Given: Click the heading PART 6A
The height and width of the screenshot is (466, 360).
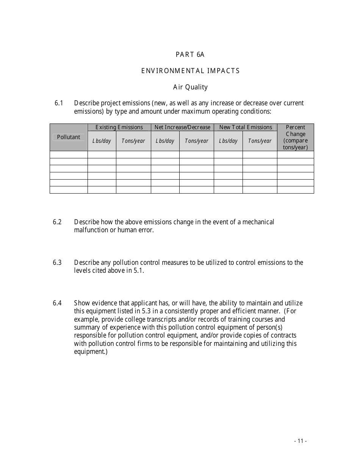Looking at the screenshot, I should coord(190,55).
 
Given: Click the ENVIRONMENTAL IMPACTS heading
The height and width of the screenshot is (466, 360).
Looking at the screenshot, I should coord(190,71).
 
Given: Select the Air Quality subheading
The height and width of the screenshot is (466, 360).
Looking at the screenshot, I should coord(190,87).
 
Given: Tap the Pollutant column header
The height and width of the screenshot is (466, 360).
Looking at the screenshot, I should coord(69,137).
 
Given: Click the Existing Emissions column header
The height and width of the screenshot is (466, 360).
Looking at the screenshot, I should coord(119,127).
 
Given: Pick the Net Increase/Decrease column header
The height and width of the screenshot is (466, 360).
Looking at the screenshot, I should coord(182,127).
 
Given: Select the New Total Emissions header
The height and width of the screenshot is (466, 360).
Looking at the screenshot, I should coord(246,127).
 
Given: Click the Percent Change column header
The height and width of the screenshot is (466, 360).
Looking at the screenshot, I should coord(295,137).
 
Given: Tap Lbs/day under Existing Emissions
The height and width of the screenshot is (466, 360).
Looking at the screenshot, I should coord(102,141).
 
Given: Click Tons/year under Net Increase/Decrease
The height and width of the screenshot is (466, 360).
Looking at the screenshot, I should coord(196,141).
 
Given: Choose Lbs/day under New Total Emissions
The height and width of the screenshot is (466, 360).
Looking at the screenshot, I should coord(228,141).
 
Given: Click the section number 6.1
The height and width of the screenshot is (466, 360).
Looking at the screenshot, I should coord(59,103).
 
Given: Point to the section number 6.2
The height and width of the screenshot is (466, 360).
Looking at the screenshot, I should coord(57,222).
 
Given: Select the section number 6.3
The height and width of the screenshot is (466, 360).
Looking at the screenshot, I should coord(57,263).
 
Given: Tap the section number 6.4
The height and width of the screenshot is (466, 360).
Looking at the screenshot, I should coord(57,303).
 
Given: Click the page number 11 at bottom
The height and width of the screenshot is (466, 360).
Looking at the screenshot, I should coord(300,441).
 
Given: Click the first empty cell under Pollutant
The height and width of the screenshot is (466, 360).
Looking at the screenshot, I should coord(69,155).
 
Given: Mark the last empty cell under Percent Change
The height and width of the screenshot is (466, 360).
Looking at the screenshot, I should coord(295,190).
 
